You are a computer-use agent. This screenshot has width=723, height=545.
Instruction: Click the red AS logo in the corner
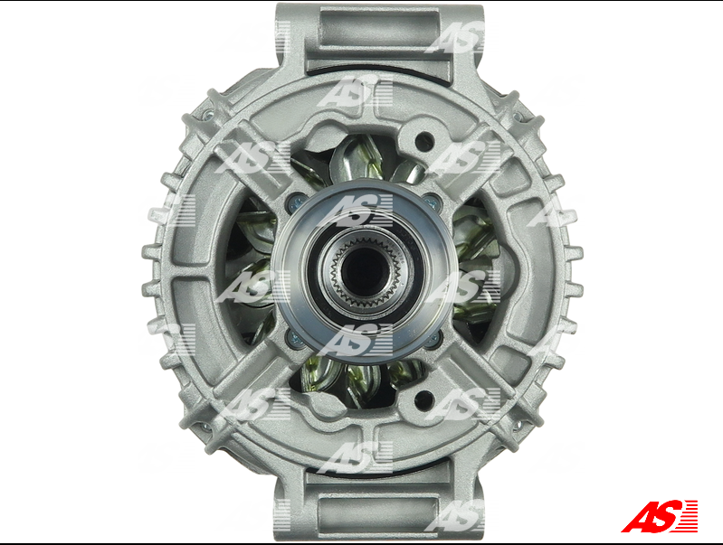pyautogui.click(x=660, y=516)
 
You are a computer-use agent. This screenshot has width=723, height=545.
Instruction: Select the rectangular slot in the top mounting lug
pyautogui.click(x=379, y=29)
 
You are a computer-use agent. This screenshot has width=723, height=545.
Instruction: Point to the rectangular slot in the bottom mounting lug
pyautogui.click(x=377, y=513)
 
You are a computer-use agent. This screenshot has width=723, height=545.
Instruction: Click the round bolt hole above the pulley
pyautogui.click(x=424, y=141)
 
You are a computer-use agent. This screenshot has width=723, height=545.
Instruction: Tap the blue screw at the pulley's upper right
pyautogui.click(x=432, y=201)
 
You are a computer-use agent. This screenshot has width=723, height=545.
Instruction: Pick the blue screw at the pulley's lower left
pyautogui.click(x=295, y=340)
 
